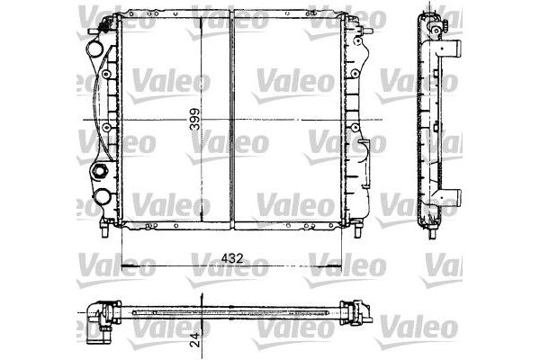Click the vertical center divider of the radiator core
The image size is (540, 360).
click(232, 121)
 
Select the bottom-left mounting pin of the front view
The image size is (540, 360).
click(107, 231)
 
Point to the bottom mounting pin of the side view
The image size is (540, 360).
click(431, 231)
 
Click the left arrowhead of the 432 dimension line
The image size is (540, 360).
click(123, 268)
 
